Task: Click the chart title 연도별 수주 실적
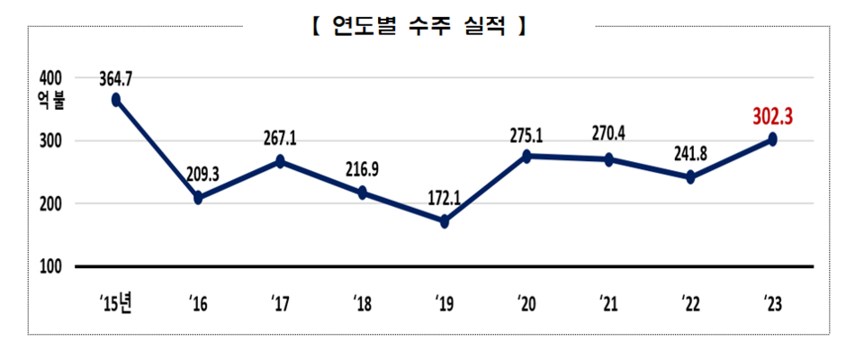(x=418, y=27)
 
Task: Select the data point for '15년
(x=116, y=100)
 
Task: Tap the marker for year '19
(x=445, y=221)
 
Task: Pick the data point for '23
(x=772, y=139)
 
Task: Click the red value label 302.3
(x=777, y=117)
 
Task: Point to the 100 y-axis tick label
(x=50, y=267)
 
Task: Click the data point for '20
(x=526, y=156)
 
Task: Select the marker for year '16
(x=198, y=198)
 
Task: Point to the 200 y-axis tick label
(x=50, y=204)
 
